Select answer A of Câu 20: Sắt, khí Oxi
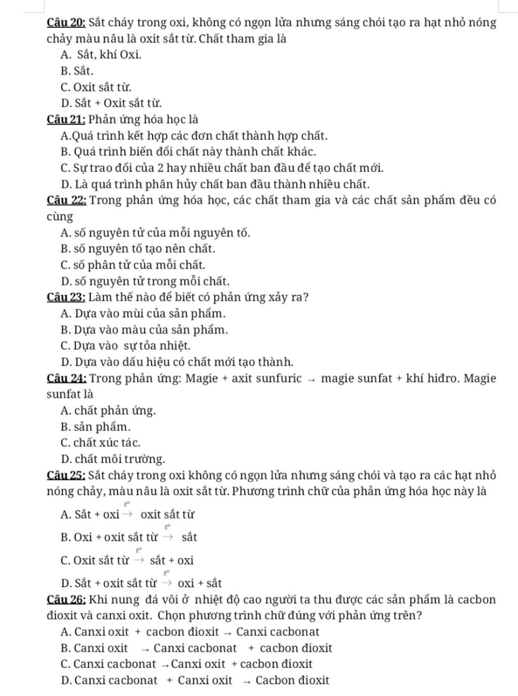101,55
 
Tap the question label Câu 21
66,120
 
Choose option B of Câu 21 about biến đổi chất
188,152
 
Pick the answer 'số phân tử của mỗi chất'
133,265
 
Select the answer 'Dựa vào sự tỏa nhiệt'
125,346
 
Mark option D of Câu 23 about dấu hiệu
177,362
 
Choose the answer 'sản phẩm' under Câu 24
95,427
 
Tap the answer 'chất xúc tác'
100,443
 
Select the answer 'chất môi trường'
112,459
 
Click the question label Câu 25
66,475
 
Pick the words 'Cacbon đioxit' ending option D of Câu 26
292,680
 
